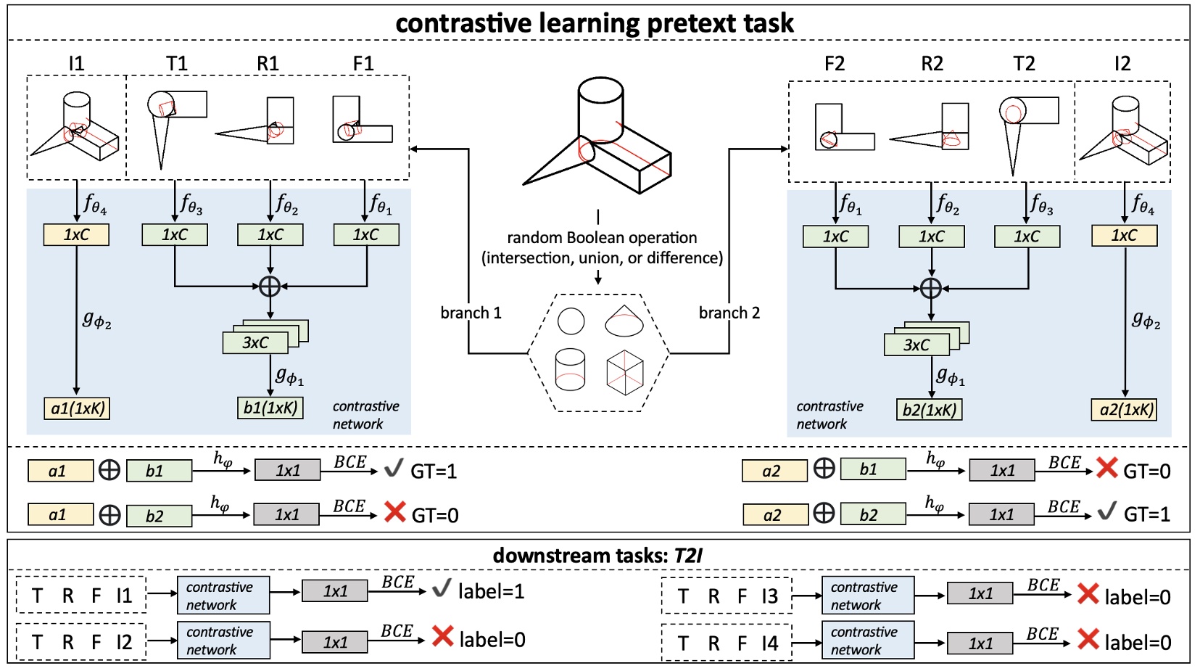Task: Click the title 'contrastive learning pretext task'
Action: coord(594,23)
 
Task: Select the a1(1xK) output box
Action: coord(77,408)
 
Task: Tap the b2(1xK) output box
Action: coord(930,410)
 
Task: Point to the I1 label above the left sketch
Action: coord(76,64)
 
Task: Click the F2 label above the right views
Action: coord(834,64)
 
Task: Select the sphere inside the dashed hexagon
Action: coord(571,321)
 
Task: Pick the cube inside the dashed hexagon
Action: coord(624,373)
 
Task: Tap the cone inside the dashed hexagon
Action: coord(624,321)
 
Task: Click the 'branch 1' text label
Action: coord(471,313)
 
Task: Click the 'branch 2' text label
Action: coord(729,313)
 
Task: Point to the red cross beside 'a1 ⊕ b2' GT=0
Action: coord(395,513)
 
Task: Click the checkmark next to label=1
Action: coord(442,588)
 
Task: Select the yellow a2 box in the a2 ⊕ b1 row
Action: coord(774,471)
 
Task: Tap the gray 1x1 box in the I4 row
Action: coord(980,643)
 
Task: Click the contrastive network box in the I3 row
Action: coord(868,596)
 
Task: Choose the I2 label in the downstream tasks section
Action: coord(124,642)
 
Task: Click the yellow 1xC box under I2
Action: coord(1125,236)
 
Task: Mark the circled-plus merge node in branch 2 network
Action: coord(931,288)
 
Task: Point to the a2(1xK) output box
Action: coord(1125,410)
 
